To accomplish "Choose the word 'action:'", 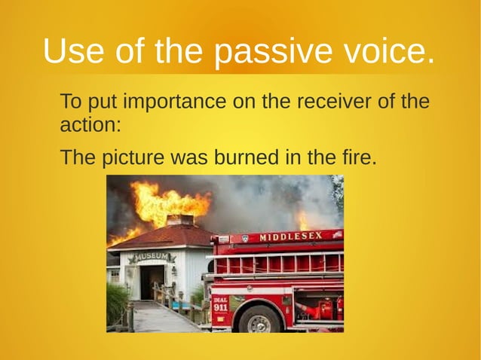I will tap(90, 124).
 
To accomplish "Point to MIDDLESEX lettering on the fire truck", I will tap(290, 236).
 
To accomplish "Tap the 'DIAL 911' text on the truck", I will tap(220, 304).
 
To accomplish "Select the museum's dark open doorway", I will tap(150, 282).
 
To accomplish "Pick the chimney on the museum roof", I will tap(179, 220).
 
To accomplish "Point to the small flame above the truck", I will tap(303, 220).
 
